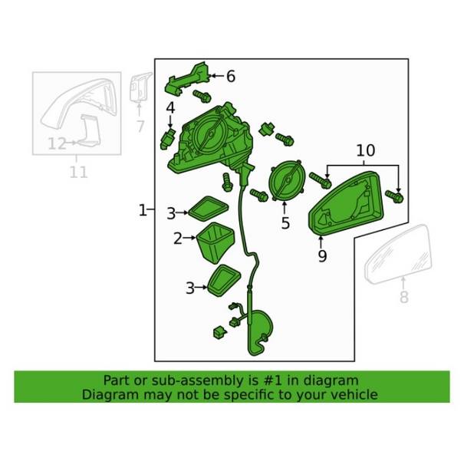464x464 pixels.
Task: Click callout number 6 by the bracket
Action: point(230,76)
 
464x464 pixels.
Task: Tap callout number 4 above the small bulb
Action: point(170,107)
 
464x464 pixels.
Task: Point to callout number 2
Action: point(178,239)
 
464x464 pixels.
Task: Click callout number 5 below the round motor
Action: point(285,223)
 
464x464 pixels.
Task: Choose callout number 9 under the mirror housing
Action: point(322,256)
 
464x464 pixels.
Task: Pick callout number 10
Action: point(365,151)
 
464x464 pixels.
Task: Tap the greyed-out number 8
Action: point(404,298)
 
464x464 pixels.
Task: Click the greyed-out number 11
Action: point(78,173)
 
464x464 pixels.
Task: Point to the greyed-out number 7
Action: point(140,127)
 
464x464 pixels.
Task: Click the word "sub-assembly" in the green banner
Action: point(199,380)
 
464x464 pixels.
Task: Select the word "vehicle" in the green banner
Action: point(352,395)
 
